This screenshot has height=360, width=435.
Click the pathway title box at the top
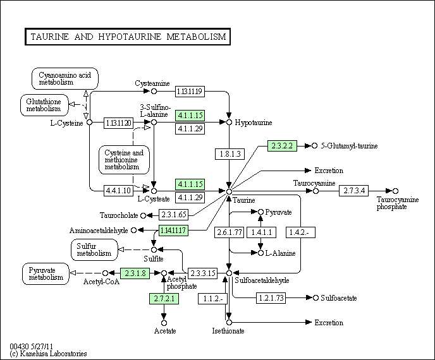[x=127, y=37]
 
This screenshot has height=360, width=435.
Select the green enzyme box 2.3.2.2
[x=283, y=145]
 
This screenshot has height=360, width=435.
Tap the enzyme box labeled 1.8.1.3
[x=229, y=153]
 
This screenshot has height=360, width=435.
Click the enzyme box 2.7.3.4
[x=354, y=190]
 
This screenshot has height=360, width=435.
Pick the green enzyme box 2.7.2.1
[x=164, y=297]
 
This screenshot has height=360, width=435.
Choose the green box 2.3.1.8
[x=134, y=273]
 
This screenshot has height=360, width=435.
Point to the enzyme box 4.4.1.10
[x=118, y=190]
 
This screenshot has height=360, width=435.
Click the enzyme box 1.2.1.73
[x=273, y=297]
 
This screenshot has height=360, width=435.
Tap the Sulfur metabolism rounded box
[x=94, y=249]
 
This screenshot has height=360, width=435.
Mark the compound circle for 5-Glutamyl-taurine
[x=314, y=146]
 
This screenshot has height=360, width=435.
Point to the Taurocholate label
[x=118, y=215]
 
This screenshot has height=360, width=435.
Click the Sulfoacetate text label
[x=339, y=297]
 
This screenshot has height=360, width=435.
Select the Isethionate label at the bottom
[x=228, y=331]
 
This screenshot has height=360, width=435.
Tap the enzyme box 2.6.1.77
[x=229, y=232]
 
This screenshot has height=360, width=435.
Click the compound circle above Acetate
[x=164, y=321]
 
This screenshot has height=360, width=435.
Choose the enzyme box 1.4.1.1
[x=261, y=232]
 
